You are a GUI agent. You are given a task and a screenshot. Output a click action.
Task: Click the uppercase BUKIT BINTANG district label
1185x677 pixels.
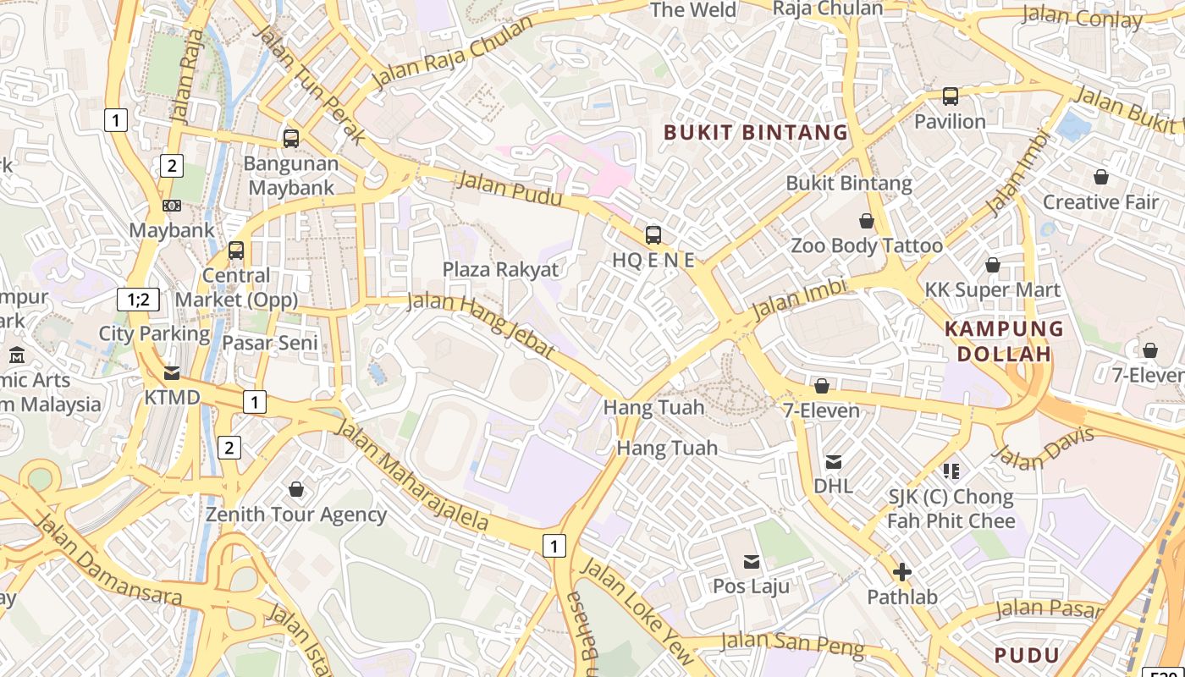[x=755, y=132]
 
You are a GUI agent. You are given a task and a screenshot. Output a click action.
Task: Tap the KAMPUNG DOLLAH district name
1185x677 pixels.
[x=1004, y=341]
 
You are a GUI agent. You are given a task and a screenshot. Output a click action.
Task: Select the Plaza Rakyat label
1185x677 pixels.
[x=501, y=269]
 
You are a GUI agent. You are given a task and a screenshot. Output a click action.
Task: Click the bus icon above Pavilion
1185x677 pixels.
[x=951, y=96]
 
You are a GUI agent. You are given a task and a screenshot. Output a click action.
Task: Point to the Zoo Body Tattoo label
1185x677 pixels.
[x=866, y=245]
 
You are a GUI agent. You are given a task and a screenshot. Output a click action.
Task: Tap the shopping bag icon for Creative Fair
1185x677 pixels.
[x=1100, y=177]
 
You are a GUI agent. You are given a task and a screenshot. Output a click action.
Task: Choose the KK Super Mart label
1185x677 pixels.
[x=992, y=289]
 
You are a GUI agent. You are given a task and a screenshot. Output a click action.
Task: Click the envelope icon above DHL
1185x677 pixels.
[x=834, y=462]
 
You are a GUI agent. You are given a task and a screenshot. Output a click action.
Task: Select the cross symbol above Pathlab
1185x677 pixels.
[x=902, y=572]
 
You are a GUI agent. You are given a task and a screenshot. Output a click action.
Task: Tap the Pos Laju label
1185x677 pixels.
[x=751, y=586]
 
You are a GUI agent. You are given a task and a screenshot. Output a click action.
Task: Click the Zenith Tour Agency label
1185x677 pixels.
[x=296, y=514]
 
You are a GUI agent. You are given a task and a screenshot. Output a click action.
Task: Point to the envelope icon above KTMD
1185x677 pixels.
[x=172, y=373]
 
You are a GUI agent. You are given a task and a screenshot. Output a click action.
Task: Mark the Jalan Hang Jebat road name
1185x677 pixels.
[x=480, y=324]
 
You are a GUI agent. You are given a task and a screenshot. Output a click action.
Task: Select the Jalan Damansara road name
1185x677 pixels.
[x=108, y=559]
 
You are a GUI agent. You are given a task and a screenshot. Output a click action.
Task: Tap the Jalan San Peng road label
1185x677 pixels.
[x=792, y=645]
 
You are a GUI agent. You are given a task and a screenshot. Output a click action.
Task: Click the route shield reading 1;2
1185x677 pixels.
[x=138, y=299]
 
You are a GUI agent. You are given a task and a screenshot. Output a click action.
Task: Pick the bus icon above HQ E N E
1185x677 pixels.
[x=653, y=235]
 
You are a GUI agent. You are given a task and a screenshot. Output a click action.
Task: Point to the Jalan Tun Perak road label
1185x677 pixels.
[x=310, y=84]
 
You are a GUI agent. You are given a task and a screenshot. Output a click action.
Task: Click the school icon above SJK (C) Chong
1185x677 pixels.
[x=951, y=471]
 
